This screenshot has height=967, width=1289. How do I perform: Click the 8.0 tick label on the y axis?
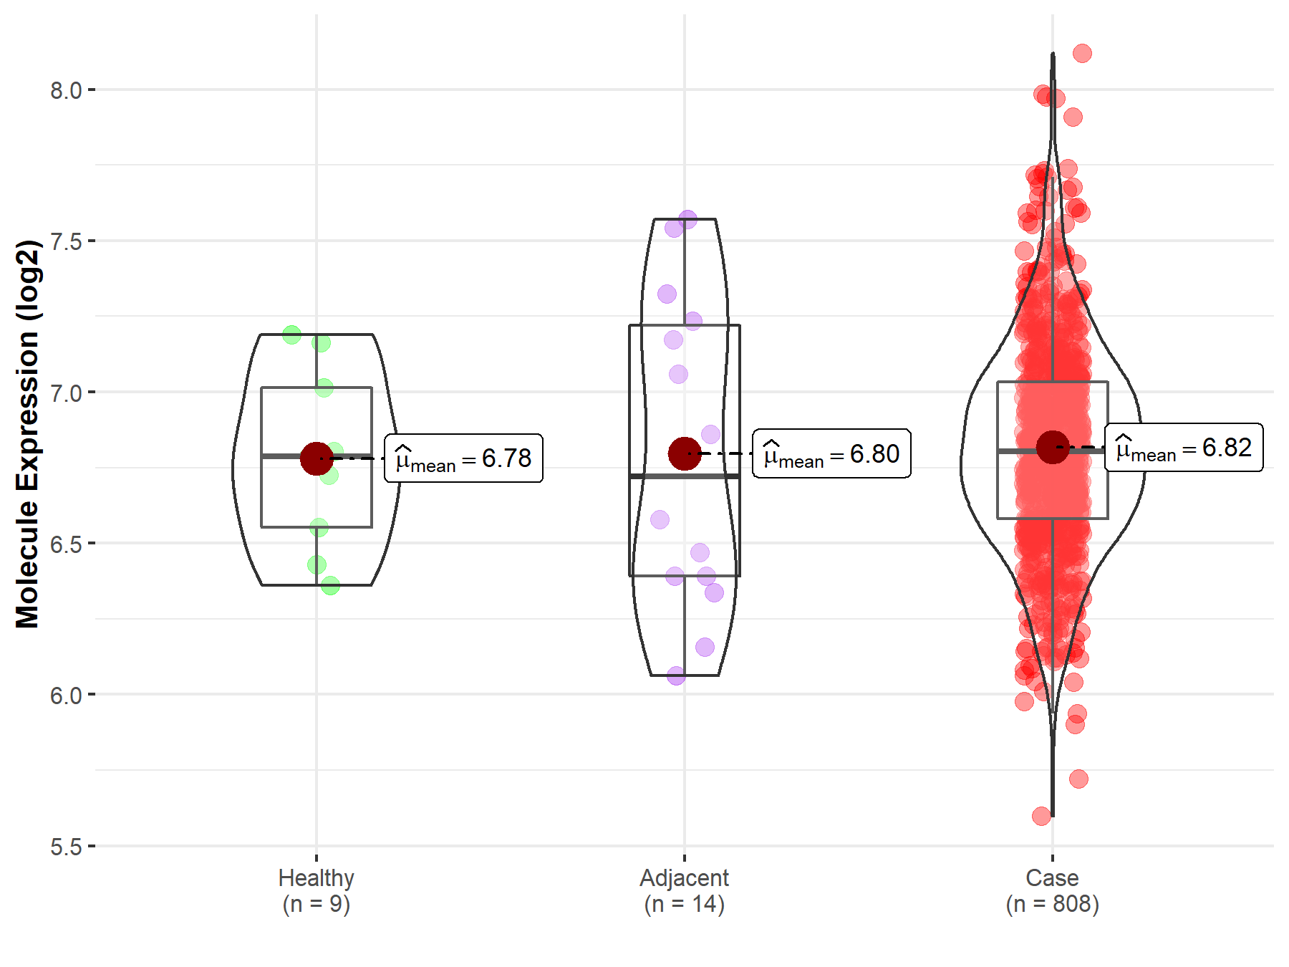pos(65,91)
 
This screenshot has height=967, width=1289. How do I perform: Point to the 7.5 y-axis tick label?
pos(65,242)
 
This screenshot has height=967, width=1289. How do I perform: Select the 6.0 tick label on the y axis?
pos(65,696)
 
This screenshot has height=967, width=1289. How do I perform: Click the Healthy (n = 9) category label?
pos(316,890)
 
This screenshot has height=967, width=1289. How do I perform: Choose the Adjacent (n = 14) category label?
pos(684,890)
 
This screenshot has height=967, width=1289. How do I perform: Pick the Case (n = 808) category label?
pos(1052,890)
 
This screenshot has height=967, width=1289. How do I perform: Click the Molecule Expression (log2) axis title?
pos(27,434)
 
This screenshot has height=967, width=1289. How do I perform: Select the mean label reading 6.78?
pos(463,458)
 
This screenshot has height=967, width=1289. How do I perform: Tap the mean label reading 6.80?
pos(831,454)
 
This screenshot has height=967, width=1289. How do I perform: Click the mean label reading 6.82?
pos(1184,448)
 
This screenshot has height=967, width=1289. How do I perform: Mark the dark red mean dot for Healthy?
pos(317,458)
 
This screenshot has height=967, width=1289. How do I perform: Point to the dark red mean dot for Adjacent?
pos(685,453)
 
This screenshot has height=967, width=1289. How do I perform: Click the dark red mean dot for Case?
pos(1053,448)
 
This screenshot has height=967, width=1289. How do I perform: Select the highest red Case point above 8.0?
pos(1082,53)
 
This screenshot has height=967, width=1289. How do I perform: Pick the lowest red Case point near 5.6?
pos(1041,816)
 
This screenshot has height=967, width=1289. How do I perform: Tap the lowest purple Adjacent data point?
pos(676,675)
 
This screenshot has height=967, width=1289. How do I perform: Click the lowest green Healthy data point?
pos(330,585)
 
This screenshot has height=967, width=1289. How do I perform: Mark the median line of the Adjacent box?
pos(685,476)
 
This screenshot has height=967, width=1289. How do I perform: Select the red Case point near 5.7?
pos(1078,779)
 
